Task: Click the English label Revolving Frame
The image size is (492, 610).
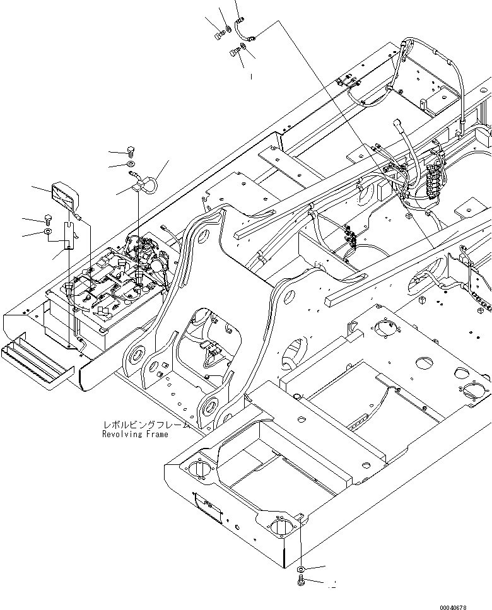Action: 136,435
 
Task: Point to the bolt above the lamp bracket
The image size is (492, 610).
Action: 49,220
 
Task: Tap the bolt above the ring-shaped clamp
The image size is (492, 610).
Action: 131,151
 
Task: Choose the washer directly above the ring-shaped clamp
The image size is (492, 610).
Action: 130,165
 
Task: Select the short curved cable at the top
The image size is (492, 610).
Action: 243,30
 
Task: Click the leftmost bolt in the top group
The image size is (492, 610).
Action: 218,36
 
